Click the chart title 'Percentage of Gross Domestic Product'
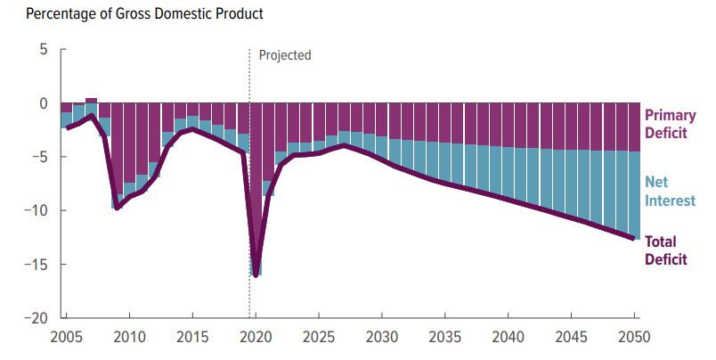pos(132,15)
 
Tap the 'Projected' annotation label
pos(285,55)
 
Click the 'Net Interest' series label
pos(670,192)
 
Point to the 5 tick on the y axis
pos(41,49)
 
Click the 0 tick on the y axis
pos(41,103)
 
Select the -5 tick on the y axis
pos(37,157)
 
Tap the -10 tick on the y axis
pos(34,210)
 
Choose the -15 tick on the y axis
pos(34,264)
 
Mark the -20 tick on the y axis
pos(34,318)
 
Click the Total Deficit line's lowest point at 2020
pos(256,275)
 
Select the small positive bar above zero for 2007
pos(91,101)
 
